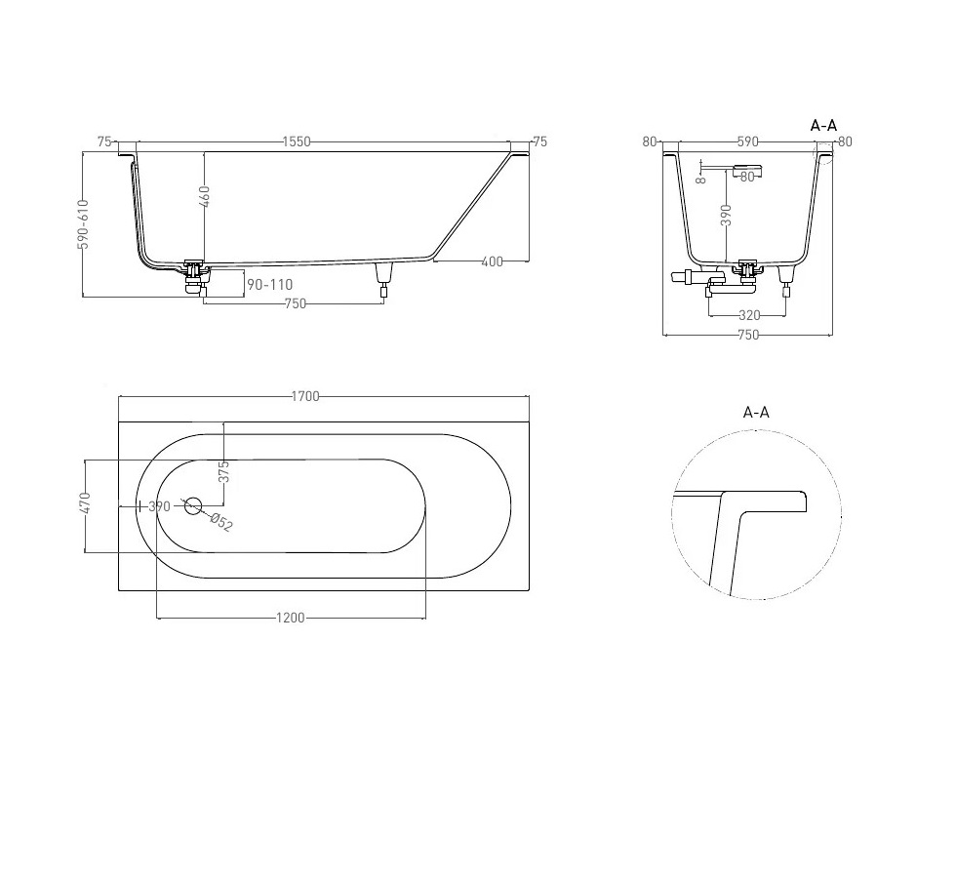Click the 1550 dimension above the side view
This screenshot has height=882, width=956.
point(297,141)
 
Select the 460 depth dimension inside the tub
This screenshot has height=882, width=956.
point(205,196)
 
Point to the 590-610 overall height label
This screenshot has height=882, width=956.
point(84,223)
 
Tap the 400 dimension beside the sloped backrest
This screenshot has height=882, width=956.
point(492,261)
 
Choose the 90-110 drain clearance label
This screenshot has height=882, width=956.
point(270,284)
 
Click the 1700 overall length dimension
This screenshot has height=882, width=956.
point(304,396)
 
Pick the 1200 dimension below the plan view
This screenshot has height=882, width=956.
point(291,618)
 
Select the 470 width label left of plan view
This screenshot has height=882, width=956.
point(85,502)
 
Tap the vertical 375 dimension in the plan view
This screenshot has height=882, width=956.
point(223,471)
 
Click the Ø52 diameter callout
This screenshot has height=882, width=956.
point(221,523)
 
